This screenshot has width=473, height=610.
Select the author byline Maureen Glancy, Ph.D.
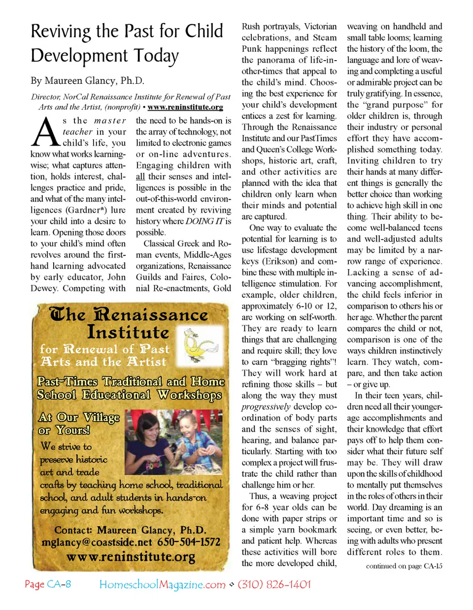95,80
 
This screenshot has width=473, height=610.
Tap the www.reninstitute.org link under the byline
185,107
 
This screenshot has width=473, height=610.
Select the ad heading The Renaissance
129,315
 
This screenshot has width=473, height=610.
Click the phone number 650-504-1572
189,542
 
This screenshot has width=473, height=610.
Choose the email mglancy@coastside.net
97,542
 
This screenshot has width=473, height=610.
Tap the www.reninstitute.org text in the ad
131,557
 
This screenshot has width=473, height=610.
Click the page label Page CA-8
48,584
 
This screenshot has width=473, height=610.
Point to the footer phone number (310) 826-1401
274,584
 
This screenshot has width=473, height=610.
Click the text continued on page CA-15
404,566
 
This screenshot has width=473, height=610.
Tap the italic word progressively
266,407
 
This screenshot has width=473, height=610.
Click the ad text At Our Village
79,417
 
